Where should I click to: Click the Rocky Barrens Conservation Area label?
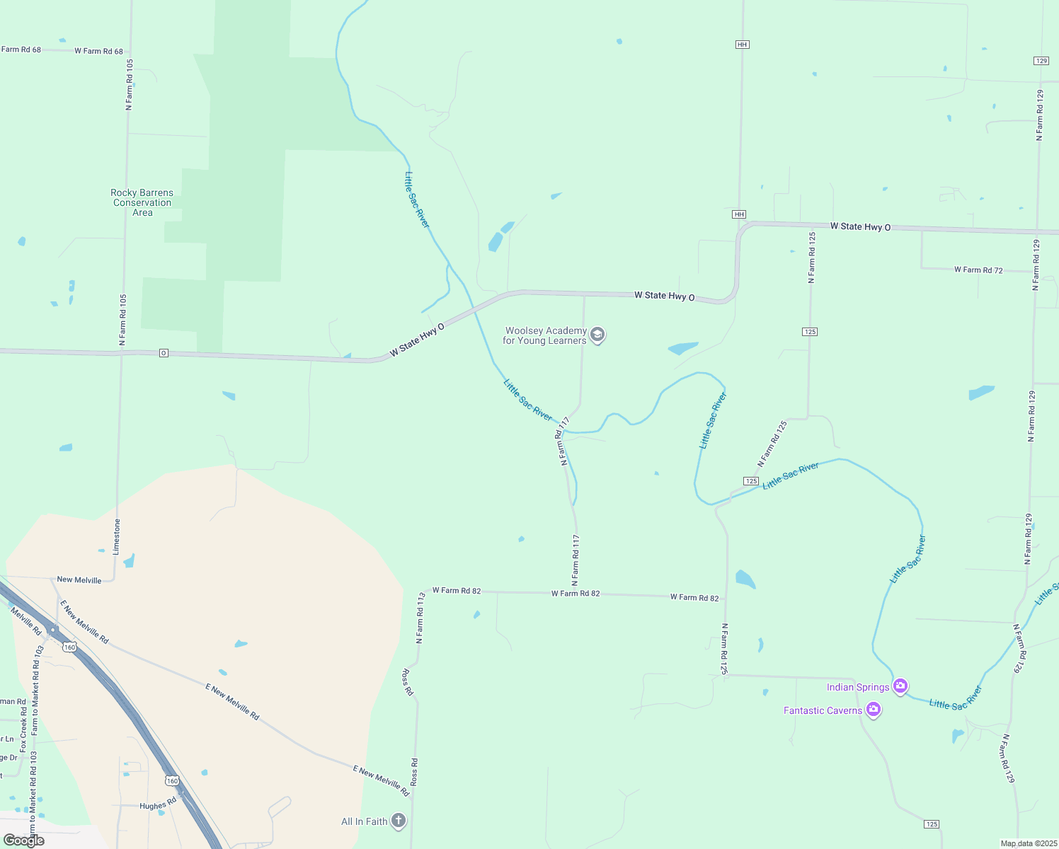click(142, 202)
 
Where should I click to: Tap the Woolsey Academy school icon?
click(597, 335)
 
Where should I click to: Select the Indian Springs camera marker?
click(900, 686)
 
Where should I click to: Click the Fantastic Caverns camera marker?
click(874, 710)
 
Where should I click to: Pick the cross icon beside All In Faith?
click(399, 821)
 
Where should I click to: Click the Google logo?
click(24, 841)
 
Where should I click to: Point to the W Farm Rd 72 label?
click(978, 270)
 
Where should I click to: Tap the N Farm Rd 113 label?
click(419, 618)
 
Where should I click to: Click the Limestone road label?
click(118, 536)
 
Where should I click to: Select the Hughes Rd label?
click(157, 805)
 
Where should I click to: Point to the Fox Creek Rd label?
click(23, 725)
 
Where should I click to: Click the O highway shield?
click(164, 353)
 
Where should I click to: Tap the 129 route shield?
click(1041, 61)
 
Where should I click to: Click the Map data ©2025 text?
click(1029, 843)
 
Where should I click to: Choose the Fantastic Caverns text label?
click(823, 710)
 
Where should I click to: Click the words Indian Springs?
click(858, 687)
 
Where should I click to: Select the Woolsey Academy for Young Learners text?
click(544, 335)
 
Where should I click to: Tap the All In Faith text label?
click(365, 821)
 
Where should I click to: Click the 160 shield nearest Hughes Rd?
click(172, 781)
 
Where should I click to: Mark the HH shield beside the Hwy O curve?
click(739, 214)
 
